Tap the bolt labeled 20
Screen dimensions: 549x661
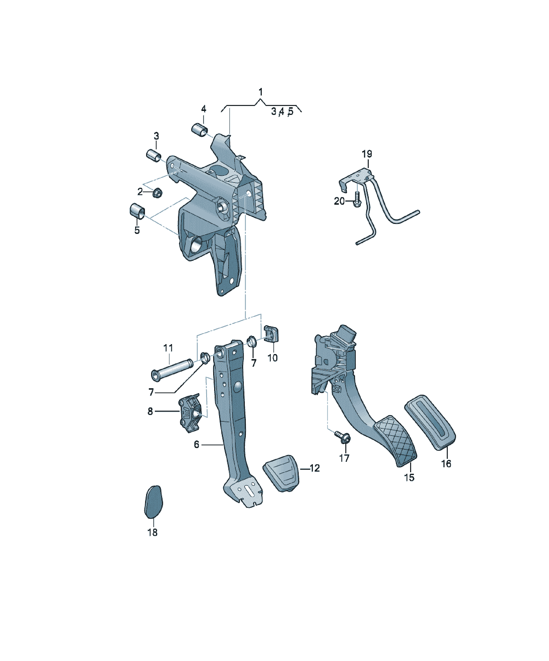tap(357, 200)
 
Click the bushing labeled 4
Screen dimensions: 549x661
tap(199, 130)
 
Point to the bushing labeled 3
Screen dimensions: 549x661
tap(154, 156)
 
